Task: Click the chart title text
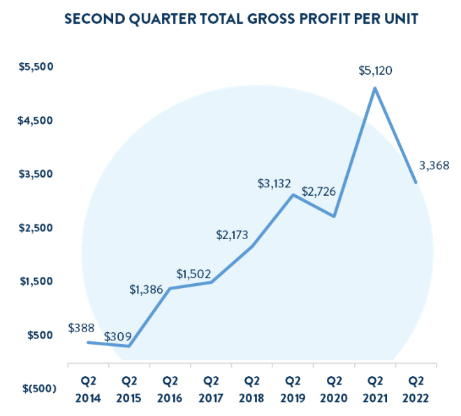click(241, 18)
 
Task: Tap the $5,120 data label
click(376, 71)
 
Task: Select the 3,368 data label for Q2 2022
click(434, 166)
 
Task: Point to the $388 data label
click(82, 327)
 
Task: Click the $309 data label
click(118, 336)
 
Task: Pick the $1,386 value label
click(148, 289)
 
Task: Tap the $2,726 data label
click(319, 192)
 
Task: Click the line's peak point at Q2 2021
click(375, 88)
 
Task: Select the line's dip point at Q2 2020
click(335, 216)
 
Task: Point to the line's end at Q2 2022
click(416, 182)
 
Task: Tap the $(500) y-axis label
click(34, 389)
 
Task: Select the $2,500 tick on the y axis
click(36, 228)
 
